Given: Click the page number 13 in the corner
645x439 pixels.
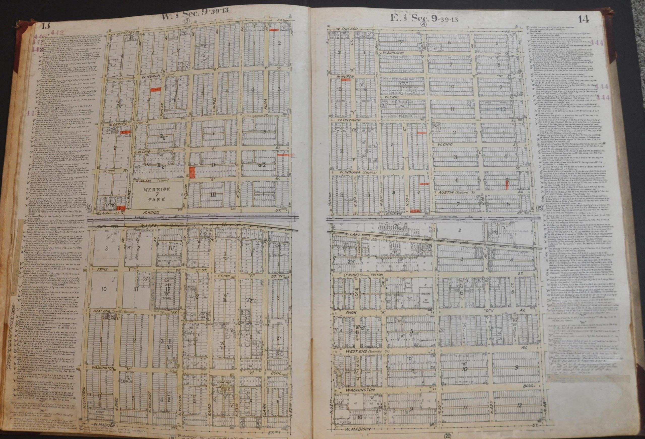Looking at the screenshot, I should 46,27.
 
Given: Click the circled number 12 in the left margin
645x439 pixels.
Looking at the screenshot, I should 88,207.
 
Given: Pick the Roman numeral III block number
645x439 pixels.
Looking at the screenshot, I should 213,194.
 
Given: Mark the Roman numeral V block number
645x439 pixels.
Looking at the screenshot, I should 213,133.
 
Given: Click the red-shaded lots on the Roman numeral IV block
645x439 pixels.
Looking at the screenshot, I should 192,172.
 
